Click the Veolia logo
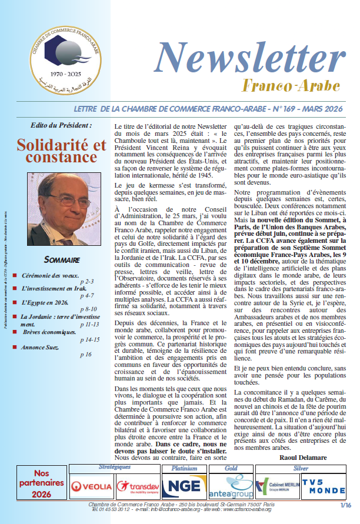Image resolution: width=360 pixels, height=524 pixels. (x=91, y=486)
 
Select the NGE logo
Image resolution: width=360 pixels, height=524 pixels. (x=184, y=486)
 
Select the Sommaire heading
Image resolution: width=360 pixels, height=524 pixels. (x=62, y=260)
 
